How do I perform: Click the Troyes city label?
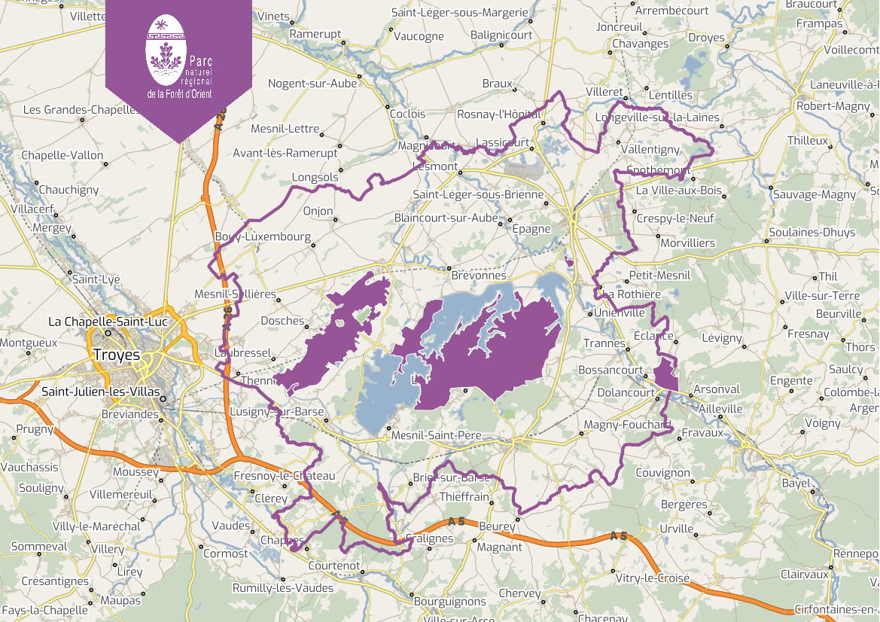click(x=117, y=354)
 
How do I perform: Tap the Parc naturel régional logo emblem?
click(x=165, y=50)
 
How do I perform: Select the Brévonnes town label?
click(x=479, y=276)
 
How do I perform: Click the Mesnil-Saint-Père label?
click(x=436, y=435)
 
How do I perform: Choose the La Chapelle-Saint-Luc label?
click(x=108, y=322)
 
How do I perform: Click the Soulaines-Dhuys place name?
click(x=812, y=232)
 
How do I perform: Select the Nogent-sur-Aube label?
click(x=312, y=84)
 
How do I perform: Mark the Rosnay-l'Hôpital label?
click(x=499, y=114)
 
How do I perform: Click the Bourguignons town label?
click(x=450, y=601)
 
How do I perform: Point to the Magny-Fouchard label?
click(x=626, y=425)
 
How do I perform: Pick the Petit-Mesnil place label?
click(x=659, y=276)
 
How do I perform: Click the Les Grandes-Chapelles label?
click(x=81, y=109)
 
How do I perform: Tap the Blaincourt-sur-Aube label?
click(x=446, y=218)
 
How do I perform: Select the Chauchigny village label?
click(x=69, y=190)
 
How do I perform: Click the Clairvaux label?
click(x=805, y=574)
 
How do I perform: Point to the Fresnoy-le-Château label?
click(x=285, y=476)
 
